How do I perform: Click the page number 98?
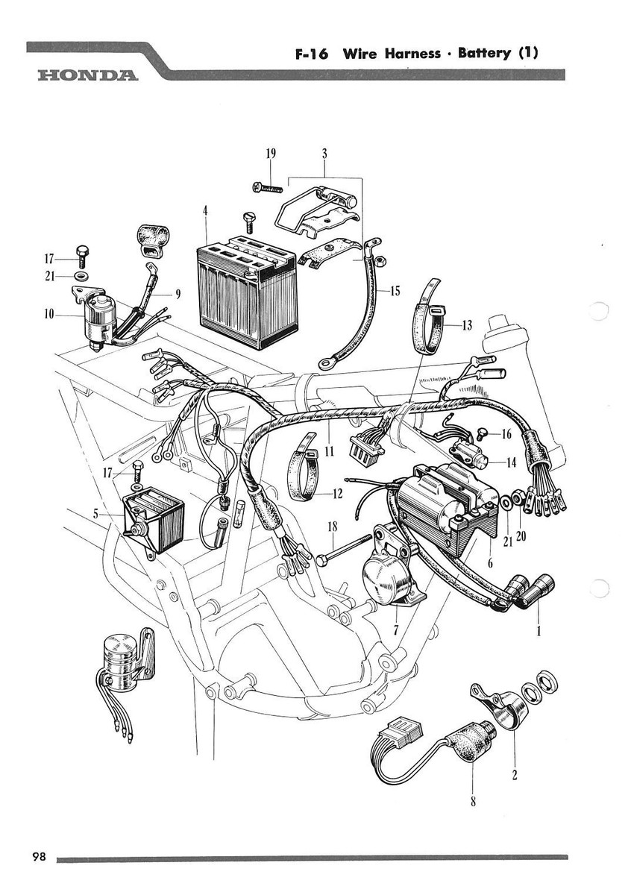(40, 855)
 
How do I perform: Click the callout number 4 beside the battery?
(204, 211)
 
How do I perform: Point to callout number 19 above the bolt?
(270, 154)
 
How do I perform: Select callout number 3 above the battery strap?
(324, 154)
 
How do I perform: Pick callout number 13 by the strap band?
(467, 324)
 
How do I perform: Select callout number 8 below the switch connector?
(473, 803)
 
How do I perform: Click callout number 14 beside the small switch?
(511, 462)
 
